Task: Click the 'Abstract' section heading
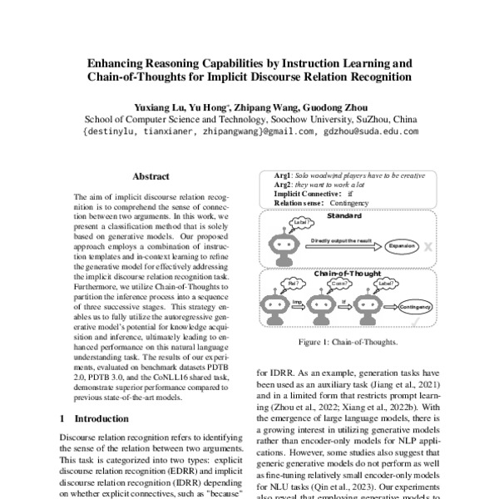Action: [151, 177]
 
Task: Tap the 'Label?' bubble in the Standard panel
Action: [303, 223]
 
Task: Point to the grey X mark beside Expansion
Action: [427, 247]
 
